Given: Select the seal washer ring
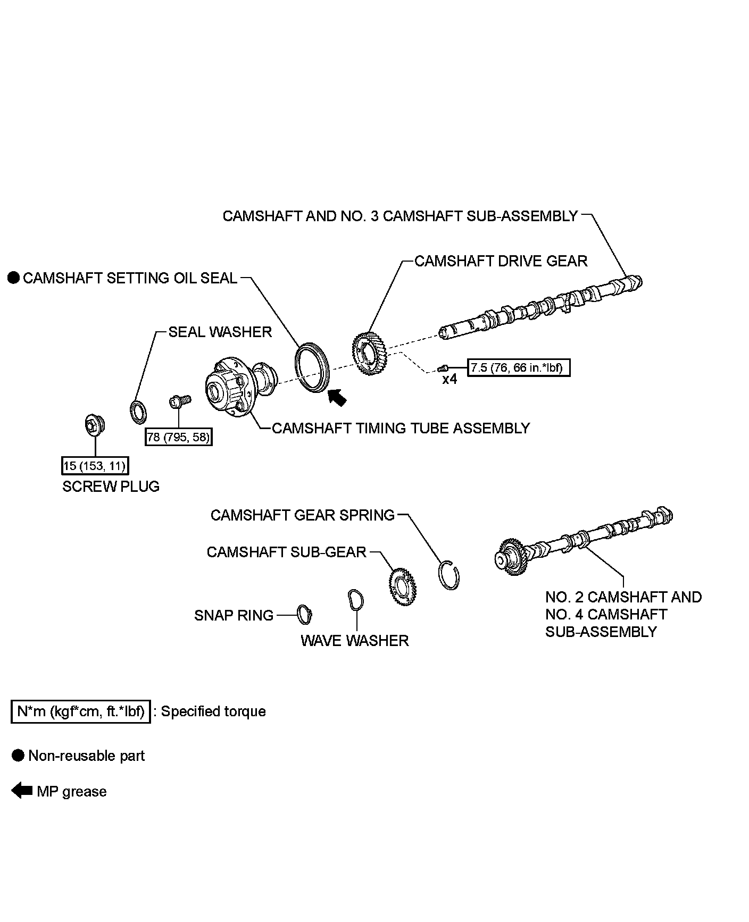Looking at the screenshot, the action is (x=139, y=412).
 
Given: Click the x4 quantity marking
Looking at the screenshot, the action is (x=450, y=380).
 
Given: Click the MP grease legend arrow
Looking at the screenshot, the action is (x=22, y=791).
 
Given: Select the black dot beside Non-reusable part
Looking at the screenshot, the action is (x=18, y=756).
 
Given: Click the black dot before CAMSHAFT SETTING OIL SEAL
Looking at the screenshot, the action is (x=14, y=278).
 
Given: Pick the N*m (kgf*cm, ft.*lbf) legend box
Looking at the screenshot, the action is (x=80, y=711).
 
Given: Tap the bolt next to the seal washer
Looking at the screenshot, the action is (x=179, y=401).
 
